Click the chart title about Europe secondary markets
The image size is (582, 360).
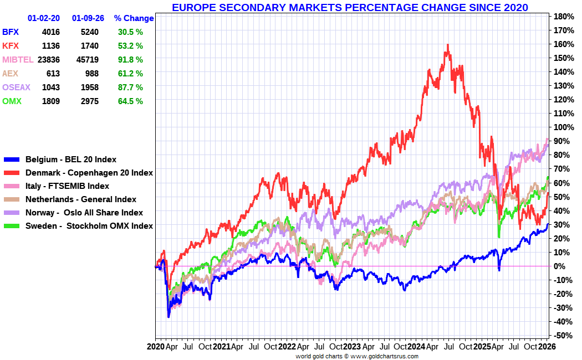point(349,7)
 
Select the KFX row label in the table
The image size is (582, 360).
point(10,46)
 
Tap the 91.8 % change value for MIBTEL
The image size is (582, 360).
point(130,60)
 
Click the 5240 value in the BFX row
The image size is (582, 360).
point(89,32)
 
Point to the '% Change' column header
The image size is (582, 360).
point(134,18)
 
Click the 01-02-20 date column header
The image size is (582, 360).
point(44,18)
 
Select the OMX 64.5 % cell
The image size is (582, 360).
point(130,101)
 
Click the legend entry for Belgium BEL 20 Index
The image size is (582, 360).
point(70,160)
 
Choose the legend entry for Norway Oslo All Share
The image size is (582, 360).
point(84,213)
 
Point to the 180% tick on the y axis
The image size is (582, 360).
point(562,16)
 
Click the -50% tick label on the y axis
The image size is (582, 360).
point(562,336)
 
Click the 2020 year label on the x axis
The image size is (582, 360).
point(156,347)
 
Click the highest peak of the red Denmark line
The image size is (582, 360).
point(447,45)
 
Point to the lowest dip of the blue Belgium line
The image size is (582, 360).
point(169,317)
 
